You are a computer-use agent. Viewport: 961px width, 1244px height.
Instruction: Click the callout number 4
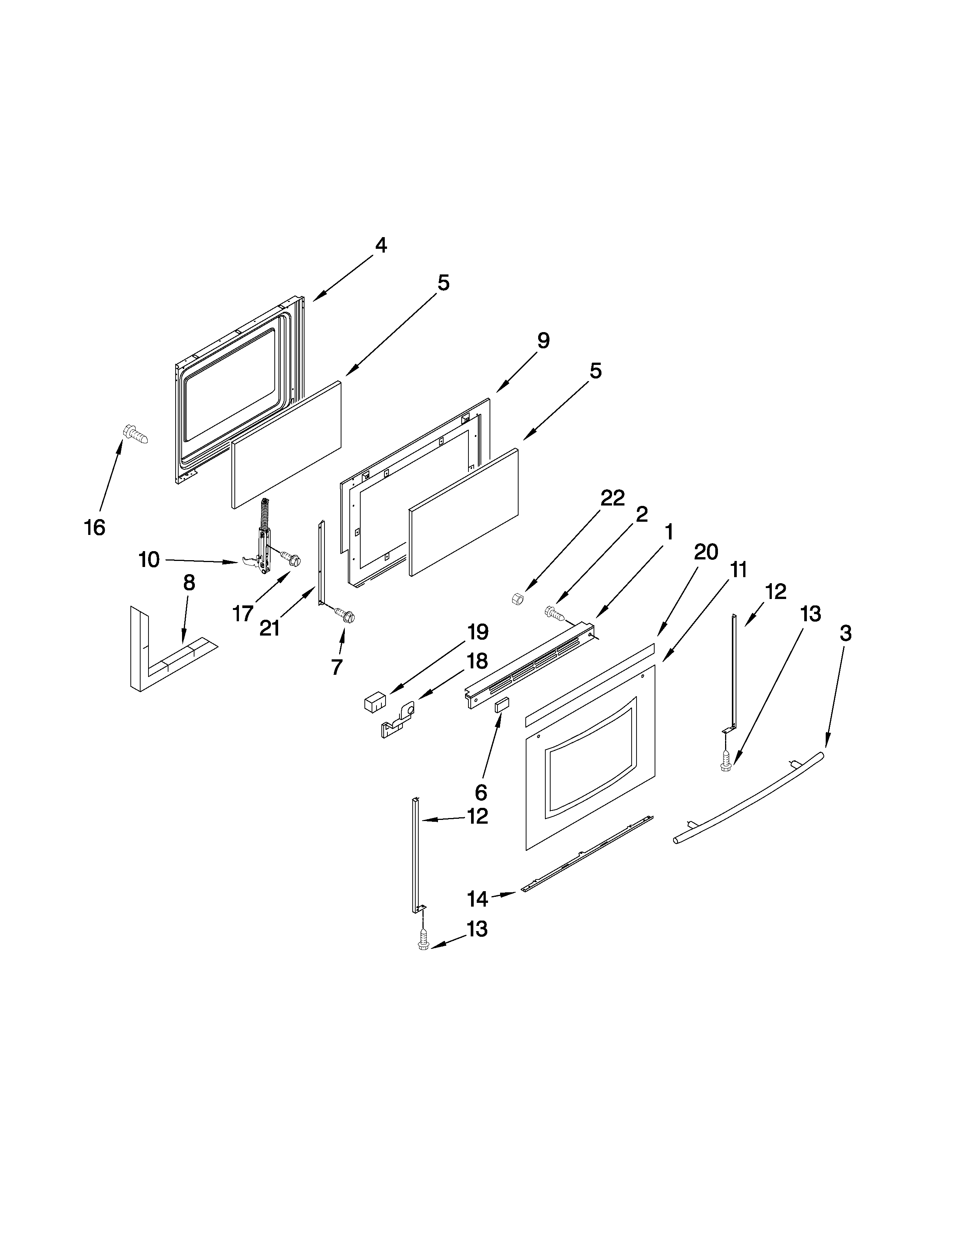coord(381,245)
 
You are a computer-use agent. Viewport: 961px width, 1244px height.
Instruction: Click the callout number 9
coord(543,341)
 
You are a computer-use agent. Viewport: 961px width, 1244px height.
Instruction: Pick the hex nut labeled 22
coord(518,599)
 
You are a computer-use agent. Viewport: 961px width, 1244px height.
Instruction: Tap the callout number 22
coord(612,498)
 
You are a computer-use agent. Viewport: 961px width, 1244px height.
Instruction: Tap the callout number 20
coord(706,552)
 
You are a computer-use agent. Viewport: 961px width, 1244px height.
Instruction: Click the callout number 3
coord(845,633)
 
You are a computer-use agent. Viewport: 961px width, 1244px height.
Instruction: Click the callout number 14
coord(477,899)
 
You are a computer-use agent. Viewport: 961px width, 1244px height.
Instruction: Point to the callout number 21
coord(269,628)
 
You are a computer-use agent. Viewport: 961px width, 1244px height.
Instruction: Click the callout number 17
coord(243,613)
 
